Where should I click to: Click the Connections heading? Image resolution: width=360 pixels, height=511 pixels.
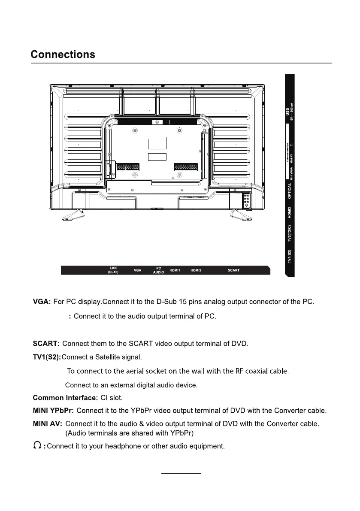pyautogui.click(x=63, y=55)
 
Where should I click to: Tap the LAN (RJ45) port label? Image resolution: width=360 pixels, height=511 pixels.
pyautogui.click(x=113, y=270)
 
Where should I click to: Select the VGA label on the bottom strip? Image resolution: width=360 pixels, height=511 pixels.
pyautogui.click(x=138, y=270)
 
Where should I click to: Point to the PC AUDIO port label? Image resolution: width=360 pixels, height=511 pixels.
pyautogui.click(x=158, y=270)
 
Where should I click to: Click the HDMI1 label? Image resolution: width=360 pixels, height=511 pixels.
pyautogui.click(x=175, y=270)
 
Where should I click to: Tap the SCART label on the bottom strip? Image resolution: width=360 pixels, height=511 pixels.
pyautogui.click(x=233, y=270)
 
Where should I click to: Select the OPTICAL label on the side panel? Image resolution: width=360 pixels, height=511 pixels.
pyautogui.click(x=290, y=190)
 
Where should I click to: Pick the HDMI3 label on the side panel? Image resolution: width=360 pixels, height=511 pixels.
pyautogui.click(x=290, y=213)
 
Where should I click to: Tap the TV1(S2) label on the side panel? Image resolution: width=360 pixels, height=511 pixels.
pyautogui.click(x=290, y=256)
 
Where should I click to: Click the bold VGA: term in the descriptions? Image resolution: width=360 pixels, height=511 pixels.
pyautogui.click(x=42, y=302)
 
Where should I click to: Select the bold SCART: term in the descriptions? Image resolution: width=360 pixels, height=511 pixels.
pyautogui.click(x=46, y=344)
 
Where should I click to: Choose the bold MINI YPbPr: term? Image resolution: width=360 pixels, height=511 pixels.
pyautogui.click(x=53, y=411)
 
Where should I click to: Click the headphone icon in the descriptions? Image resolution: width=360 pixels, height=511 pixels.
pyautogui.click(x=38, y=446)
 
